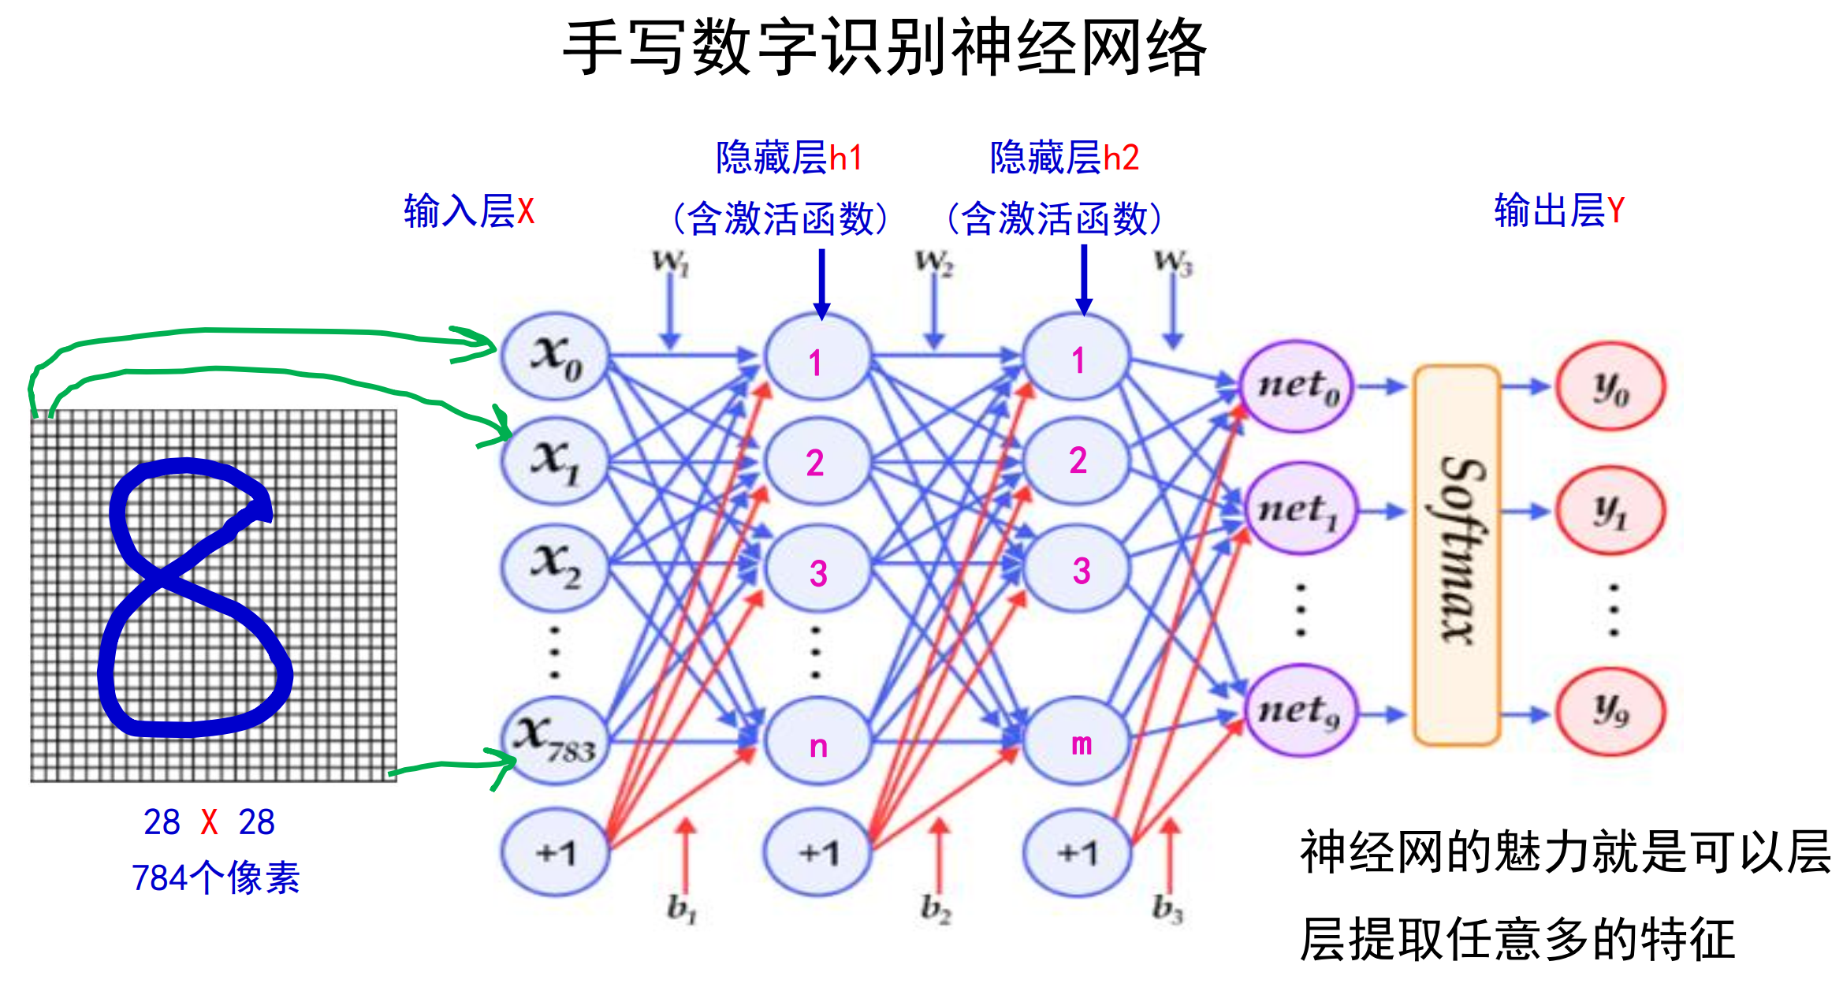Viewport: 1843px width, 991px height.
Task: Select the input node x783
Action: pyautogui.click(x=555, y=740)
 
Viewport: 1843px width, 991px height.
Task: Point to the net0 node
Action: pyautogui.click(x=1297, y=386)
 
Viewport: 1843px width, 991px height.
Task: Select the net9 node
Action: pyautogui.click(x=1300, y=711)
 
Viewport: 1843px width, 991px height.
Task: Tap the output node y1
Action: pyautogui.click(x=1610, y=511)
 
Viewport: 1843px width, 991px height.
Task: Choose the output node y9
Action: pyautogui.click(x=1610, y=711)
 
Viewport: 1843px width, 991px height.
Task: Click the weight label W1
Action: pyautogui.click(x=671, y=262)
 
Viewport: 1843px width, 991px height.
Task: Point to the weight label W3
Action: pyautogui.click(x=1173, y=262)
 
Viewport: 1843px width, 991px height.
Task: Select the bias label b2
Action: pyautogui.click(x=936, y=908)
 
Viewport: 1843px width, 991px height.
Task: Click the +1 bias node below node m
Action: pyautogui.click(x=1077, y=852)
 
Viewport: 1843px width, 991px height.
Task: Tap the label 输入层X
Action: pyautogui.click(x=469, y=211)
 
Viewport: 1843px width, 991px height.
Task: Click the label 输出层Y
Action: pyautogui.click(x=1558, y=210)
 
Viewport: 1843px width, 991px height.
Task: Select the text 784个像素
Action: pyautogui.click(x=215, y=877)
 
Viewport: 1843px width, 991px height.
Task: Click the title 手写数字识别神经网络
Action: pyautogui.click(x=884, y=49)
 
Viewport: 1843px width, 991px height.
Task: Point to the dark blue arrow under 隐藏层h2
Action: pyautogui.click(x=1084, y=280)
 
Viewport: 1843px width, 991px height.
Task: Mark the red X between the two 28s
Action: pyautogui.click(x=209, y=822)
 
